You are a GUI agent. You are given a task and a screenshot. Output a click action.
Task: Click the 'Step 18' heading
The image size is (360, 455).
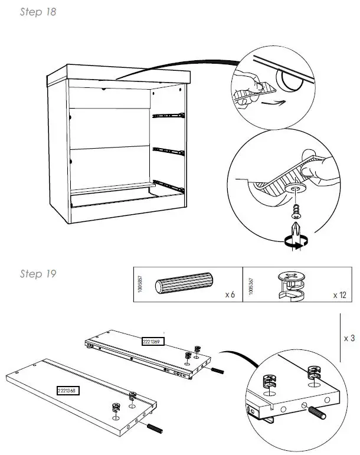38,12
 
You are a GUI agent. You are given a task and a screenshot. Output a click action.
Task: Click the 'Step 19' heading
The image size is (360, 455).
38,274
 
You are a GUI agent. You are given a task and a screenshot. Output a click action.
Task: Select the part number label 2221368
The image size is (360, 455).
68,390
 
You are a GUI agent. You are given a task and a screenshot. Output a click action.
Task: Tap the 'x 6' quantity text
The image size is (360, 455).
230,294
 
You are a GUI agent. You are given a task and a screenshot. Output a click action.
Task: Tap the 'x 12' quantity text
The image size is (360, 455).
339,294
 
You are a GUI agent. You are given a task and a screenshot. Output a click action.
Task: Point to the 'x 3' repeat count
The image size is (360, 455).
349,339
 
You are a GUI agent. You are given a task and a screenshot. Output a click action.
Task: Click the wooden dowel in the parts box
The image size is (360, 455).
185,286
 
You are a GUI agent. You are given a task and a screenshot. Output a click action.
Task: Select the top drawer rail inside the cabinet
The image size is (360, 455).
168,115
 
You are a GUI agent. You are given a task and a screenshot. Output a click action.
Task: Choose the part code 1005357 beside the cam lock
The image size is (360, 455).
252,286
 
